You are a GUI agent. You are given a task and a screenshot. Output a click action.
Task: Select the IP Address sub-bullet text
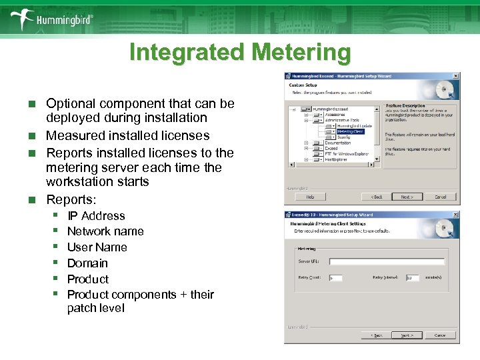[96, 216]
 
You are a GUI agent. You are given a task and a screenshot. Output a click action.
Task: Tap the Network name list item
[105, 231]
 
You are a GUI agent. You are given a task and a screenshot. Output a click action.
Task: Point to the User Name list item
[97, 247]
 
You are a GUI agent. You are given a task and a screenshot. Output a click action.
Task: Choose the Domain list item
[87, 263]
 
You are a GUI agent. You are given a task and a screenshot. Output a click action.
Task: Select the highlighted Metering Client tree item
[350, 131]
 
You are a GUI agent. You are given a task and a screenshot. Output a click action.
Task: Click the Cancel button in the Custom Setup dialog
[441, 197]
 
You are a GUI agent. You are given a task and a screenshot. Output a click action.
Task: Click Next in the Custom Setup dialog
[407, 197]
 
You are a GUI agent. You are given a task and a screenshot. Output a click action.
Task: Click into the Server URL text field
[386, 262]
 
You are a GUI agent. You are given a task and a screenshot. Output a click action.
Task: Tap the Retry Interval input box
[413, 277]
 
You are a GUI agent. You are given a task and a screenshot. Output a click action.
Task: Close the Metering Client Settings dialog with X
[455, 215]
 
